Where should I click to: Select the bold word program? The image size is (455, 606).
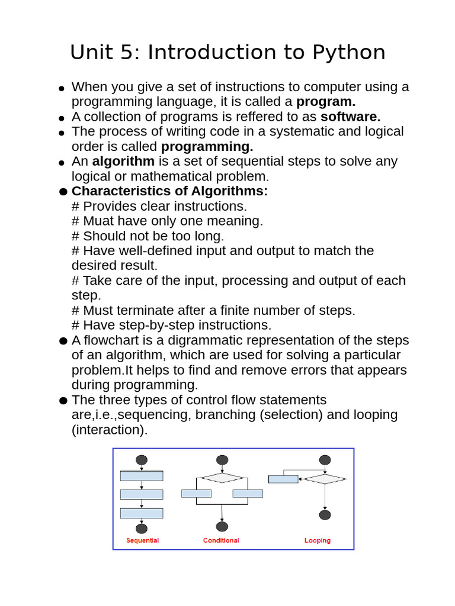[x=326, y=102]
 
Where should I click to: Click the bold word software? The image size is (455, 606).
[x=351, y=117]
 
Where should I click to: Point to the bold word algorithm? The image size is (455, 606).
[x=123, y=162]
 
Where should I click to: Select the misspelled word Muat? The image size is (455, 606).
[x=98, y=221]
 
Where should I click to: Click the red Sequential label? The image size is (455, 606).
[x=142, y=540]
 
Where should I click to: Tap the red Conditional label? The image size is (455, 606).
[x=221, y=540]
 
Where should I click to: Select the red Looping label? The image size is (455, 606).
[x=318, y=540]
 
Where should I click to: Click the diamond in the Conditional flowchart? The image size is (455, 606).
[x=222, y=478]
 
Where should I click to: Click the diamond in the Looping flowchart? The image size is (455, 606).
[x=325, y=479]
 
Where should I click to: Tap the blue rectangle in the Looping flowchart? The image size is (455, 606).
[x=283, y=479]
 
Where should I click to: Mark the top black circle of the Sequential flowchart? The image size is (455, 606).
[x=142, y=460]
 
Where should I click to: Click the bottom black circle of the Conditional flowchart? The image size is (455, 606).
[x=222, y=527]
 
